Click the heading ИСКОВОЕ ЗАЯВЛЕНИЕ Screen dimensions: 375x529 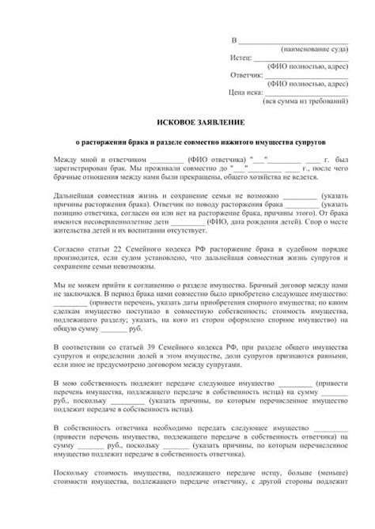coord(187,123)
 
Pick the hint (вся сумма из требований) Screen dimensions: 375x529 coord(305,102)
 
